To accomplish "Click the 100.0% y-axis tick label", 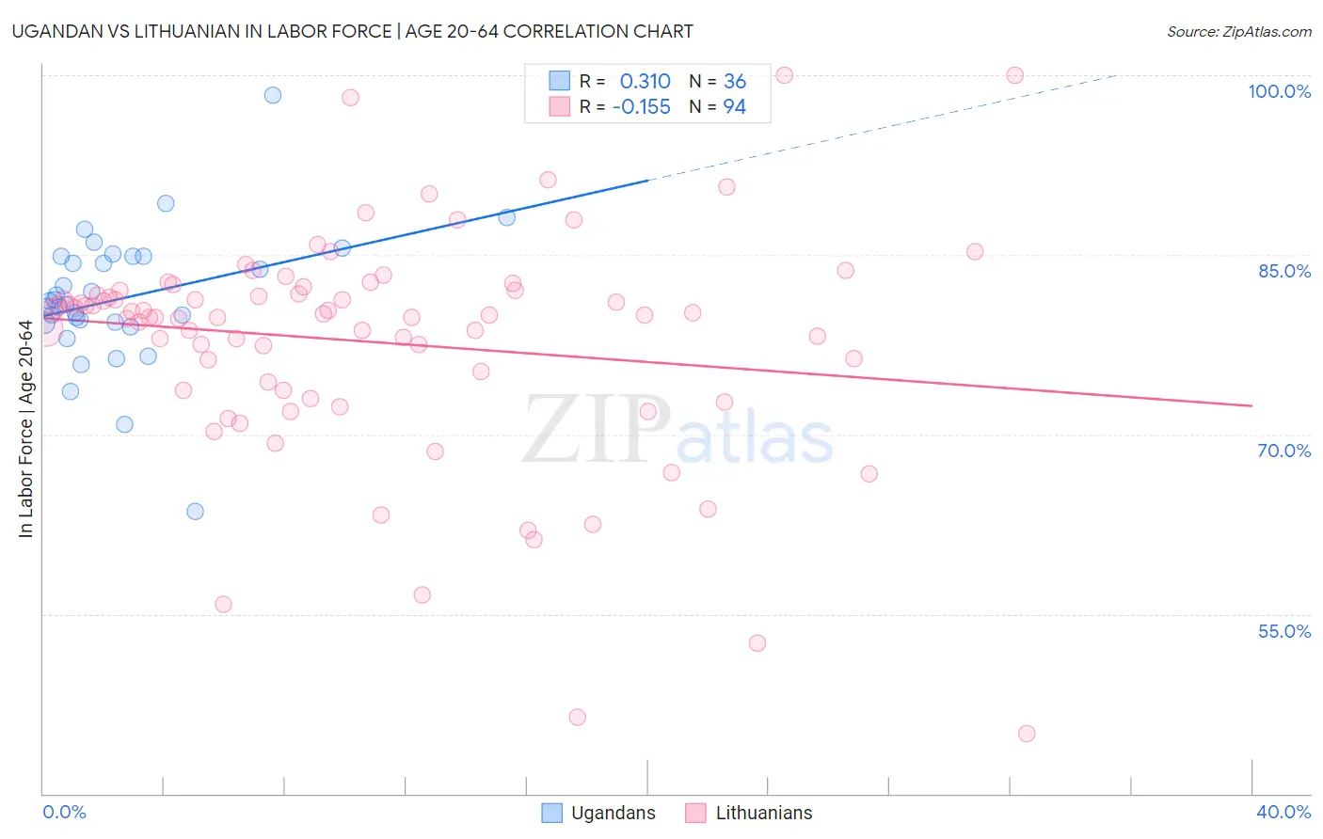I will point(1279,91).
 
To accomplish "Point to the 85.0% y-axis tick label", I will point(1283,271).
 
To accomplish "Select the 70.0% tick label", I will point(1283,451).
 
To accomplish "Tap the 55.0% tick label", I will point(1283,631).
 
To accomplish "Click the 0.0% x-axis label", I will point(64,812).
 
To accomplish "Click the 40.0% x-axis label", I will point(1283,812).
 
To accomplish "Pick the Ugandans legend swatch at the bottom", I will point(552,813).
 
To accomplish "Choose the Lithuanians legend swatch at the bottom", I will point(695,813).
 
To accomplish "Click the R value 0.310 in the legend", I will point(645,82).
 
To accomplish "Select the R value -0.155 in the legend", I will point(641,107).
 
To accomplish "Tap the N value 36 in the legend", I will point(734,82).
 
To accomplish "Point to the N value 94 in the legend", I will point(734,107).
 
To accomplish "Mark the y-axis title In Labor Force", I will point(25,429).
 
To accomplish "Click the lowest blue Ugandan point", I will point(195,512).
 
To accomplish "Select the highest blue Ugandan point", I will point(273,95).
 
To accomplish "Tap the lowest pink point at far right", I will point(1027,734).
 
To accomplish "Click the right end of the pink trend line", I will point(1251,405).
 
